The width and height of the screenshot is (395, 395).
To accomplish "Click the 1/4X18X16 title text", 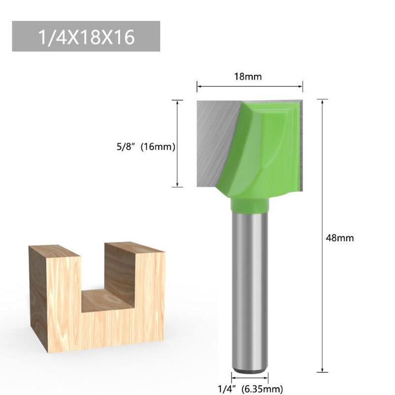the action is point(86,38).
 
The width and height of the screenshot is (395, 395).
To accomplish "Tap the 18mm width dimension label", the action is point(248,77).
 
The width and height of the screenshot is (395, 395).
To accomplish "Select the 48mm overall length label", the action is point(340,238).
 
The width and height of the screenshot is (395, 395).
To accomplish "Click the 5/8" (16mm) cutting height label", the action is point(146,147).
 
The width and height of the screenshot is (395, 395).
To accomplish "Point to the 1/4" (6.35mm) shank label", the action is point(250,389).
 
